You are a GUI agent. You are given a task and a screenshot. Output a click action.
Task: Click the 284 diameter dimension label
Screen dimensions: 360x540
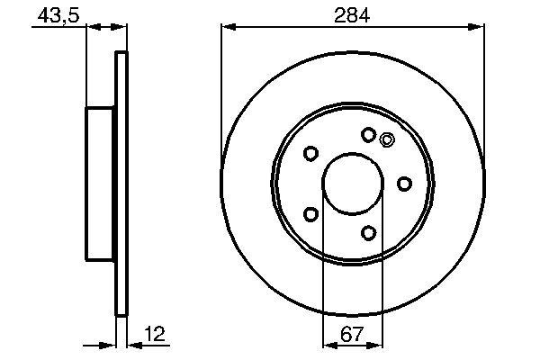(353, 14)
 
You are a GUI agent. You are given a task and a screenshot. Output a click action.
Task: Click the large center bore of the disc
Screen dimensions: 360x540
(353, 183)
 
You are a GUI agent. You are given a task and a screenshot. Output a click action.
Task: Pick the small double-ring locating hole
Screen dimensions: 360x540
(387, 139)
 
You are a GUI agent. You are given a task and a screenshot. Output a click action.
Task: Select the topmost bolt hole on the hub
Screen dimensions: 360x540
(368, 134)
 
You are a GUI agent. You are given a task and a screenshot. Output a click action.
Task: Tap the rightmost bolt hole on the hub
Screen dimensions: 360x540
(405, 184)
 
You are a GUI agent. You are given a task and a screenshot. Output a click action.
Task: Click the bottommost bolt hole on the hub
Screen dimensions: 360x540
(368, 233)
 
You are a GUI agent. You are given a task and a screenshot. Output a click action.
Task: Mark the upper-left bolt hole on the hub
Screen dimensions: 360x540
(310, 153)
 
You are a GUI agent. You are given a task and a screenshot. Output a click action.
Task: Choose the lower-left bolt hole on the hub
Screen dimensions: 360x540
(310, 214)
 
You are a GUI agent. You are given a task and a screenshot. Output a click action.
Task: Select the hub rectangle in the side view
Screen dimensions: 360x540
(102, 183)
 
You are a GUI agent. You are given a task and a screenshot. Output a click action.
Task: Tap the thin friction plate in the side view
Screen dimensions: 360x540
(122, 183)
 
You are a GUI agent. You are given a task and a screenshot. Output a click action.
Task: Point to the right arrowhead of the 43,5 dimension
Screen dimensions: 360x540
(122, 28)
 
